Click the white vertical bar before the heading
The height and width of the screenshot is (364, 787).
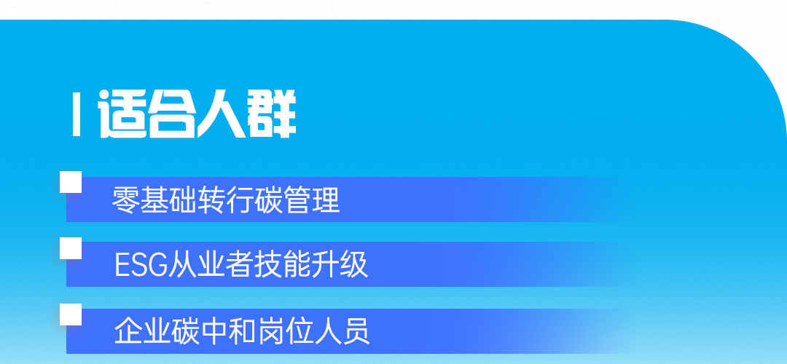click(77, 114)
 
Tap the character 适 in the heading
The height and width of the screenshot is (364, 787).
click(122, 114)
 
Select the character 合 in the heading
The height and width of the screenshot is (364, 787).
click(172, 114)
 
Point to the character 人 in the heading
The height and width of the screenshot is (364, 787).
click(222, 114)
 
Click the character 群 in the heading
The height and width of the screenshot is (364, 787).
click(272, 114)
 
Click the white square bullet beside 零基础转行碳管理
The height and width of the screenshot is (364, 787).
click(71, 182)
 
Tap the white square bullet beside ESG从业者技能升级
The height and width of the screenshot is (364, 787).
click(71, 248)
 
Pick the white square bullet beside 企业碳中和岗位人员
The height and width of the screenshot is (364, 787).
click(71, 314)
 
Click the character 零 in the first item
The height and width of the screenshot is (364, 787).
click(125, 199)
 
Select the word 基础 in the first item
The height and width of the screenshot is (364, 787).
click(168, 199)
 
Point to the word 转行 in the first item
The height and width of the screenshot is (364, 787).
click(225, 199)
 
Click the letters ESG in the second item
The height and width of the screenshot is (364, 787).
click(141, 265)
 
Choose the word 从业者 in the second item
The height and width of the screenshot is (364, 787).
click(210, 265)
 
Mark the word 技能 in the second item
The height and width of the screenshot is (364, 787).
click(281, 265)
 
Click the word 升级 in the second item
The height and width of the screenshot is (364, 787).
click(340, 265)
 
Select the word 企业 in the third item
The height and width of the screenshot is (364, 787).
click(143, 331)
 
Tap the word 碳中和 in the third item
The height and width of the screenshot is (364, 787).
click(214, 331)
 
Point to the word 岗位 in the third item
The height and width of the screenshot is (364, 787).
click(286, 331)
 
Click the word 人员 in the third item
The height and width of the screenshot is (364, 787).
click(342, 331)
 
